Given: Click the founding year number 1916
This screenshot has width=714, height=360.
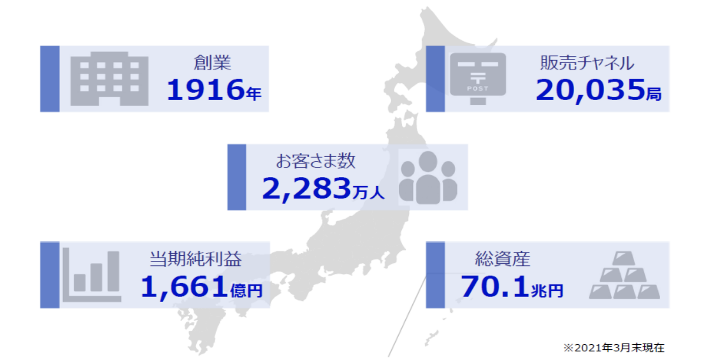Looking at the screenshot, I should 205,91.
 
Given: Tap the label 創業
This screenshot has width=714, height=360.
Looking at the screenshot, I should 212,63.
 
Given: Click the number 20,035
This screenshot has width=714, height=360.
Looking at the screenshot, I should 589,91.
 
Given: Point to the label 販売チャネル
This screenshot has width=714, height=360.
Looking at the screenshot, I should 587,63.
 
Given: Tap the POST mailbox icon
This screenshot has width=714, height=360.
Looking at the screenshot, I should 478,77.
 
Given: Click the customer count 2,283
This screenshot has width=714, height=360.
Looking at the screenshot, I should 306,189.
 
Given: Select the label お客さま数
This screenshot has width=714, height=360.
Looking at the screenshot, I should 315,161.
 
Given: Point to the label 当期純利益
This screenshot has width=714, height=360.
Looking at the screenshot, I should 195,259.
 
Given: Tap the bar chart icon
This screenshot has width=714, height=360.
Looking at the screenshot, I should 92,275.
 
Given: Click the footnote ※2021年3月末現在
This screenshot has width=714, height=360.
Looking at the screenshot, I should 614,348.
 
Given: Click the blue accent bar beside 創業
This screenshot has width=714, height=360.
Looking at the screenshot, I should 50,79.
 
